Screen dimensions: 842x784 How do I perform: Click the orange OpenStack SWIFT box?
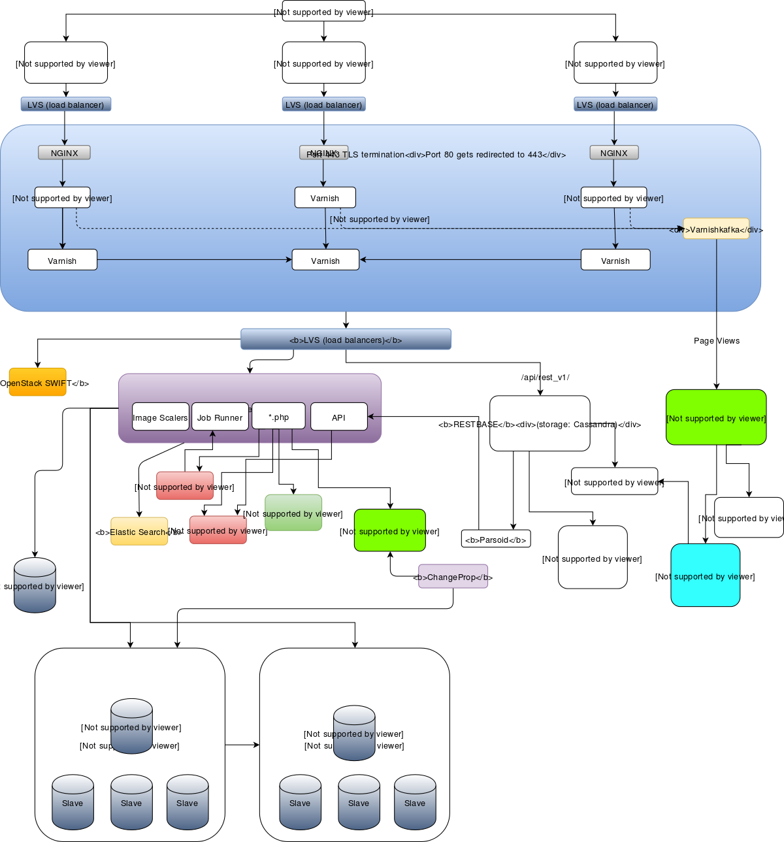tap(37, 382)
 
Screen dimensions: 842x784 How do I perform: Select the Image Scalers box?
tap(160, 417)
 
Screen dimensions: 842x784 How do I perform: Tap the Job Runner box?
tap(220, 417)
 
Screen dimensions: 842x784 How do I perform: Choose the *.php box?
tap(278, 415)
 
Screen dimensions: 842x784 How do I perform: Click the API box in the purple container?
tap(338, 417)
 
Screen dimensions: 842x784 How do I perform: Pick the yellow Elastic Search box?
tap(139, 531)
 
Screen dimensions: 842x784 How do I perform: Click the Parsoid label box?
tap(495, 539)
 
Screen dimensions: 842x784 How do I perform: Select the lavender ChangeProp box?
tap(453, 576)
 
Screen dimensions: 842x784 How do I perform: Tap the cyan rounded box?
tap(705, 575)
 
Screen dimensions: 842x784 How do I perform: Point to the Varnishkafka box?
tap(716, 229)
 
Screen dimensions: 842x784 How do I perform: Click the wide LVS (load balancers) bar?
tap(346, 339)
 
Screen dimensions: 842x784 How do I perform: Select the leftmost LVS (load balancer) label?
tap(65, 105)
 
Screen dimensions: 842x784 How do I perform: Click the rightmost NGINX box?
tap(613, 152)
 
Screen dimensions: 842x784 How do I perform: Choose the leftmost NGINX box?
tap(64, 152)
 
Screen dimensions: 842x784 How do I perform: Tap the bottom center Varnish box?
tap(325, 260)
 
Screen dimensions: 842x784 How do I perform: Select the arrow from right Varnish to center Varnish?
tap(470, 260)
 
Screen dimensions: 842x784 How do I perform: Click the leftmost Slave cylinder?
tap(73, 802)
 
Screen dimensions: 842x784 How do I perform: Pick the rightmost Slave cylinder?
tap(415, 802)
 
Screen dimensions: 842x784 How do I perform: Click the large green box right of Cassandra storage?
tap(716, 417)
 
